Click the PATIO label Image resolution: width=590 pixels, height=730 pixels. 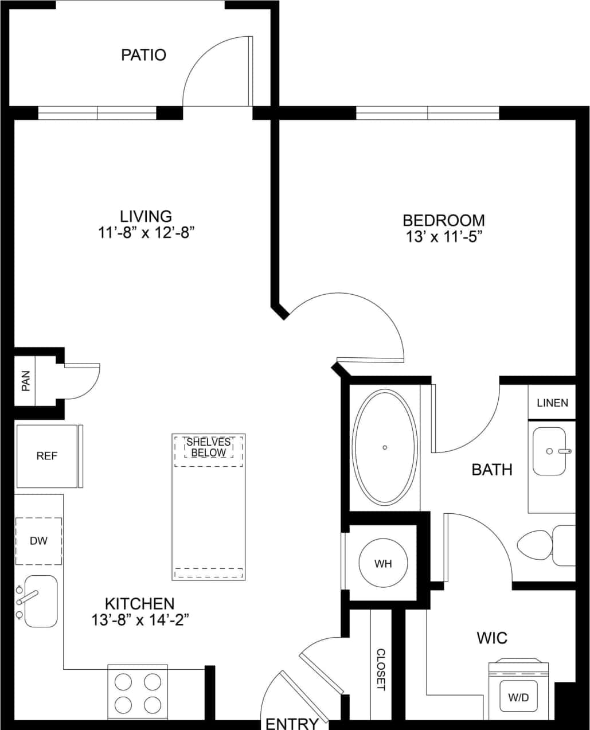click(x=143, y=55)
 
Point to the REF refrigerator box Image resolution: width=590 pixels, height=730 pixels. click(x=47, y=456)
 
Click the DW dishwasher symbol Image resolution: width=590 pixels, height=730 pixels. click(x=38, y=541)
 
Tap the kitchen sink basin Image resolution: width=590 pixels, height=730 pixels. click(x=41, y=600)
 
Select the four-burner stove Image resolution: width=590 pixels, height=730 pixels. click(x=138, y=692)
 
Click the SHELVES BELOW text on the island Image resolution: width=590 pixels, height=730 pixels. click(x=209, y=447)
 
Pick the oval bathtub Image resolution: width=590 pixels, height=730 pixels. click(x=385, y=447)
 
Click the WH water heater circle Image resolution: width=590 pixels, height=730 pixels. click(x=383, y=563)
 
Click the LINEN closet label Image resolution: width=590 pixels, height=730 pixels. click(x=552, y=403)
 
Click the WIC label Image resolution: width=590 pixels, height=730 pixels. click(x=492, y=638)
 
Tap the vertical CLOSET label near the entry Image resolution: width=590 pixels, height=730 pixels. click(x=381, y=669)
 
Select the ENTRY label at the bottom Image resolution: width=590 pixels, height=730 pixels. click(x=292, y=723)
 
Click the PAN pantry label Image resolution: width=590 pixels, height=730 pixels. click(x=25, y=381)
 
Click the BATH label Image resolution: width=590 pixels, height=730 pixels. click(x=492, y=470)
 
